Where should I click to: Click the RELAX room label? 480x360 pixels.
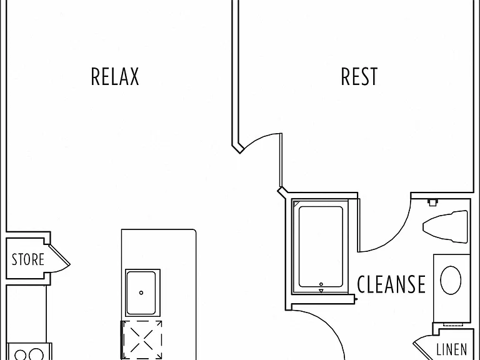115,76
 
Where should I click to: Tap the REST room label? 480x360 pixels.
359,76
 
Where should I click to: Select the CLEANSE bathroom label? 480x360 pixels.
391,284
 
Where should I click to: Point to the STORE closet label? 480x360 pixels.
28,259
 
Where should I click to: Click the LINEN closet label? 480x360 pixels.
452,349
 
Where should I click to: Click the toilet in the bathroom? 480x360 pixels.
446,226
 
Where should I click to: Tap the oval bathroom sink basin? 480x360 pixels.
451,280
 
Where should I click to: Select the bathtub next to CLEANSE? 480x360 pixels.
320,247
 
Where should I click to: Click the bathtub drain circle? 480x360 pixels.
321,284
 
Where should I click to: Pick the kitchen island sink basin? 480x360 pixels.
141,292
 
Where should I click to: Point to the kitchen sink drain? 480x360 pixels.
141,292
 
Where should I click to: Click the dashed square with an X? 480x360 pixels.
142,340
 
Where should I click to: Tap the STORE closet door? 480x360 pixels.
59,255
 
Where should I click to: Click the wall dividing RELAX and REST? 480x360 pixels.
235,74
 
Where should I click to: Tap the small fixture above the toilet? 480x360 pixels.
432,202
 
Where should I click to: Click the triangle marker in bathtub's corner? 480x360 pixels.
296,203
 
